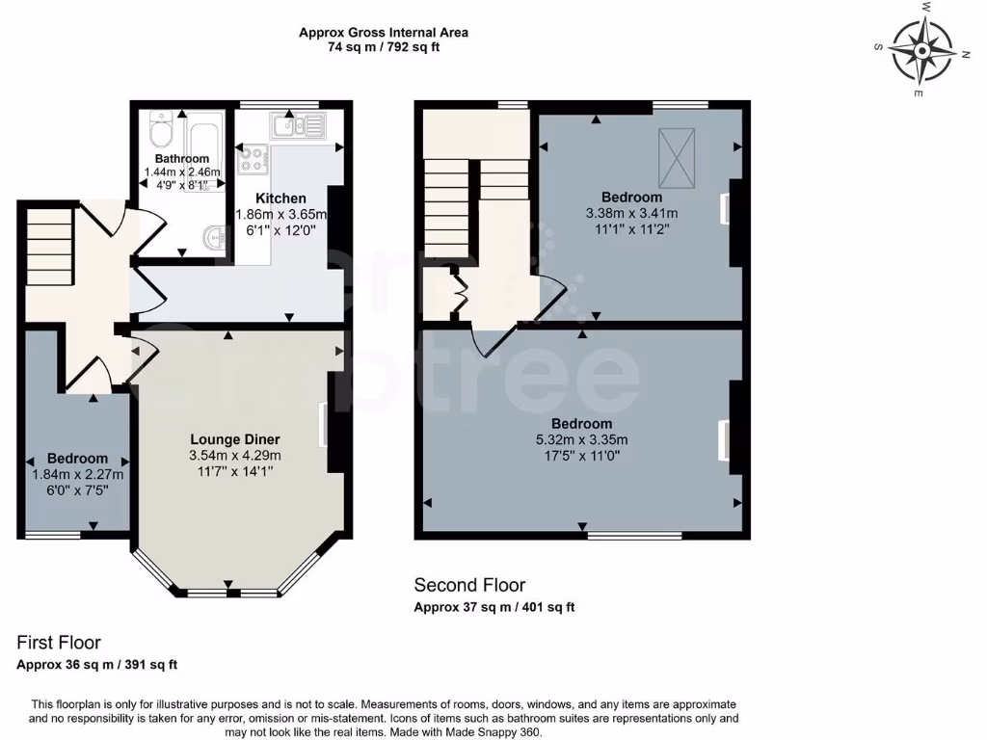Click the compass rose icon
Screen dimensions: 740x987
[922, 49]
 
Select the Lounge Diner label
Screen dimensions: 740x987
[234, 438]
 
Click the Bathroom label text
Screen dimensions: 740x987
[182, 159]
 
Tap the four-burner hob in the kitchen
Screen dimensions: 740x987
[253, 160]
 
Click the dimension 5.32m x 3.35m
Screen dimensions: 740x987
[581, 440]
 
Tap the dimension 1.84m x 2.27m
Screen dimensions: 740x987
[78, 474]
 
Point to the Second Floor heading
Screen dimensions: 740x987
[469, 585]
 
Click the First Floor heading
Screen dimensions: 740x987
[59, 643]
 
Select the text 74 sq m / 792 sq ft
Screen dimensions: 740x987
[384, 46]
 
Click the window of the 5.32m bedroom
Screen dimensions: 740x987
[633, 535]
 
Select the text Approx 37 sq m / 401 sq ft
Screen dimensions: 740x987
[493, 607]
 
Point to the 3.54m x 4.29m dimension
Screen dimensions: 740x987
[234, 455]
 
